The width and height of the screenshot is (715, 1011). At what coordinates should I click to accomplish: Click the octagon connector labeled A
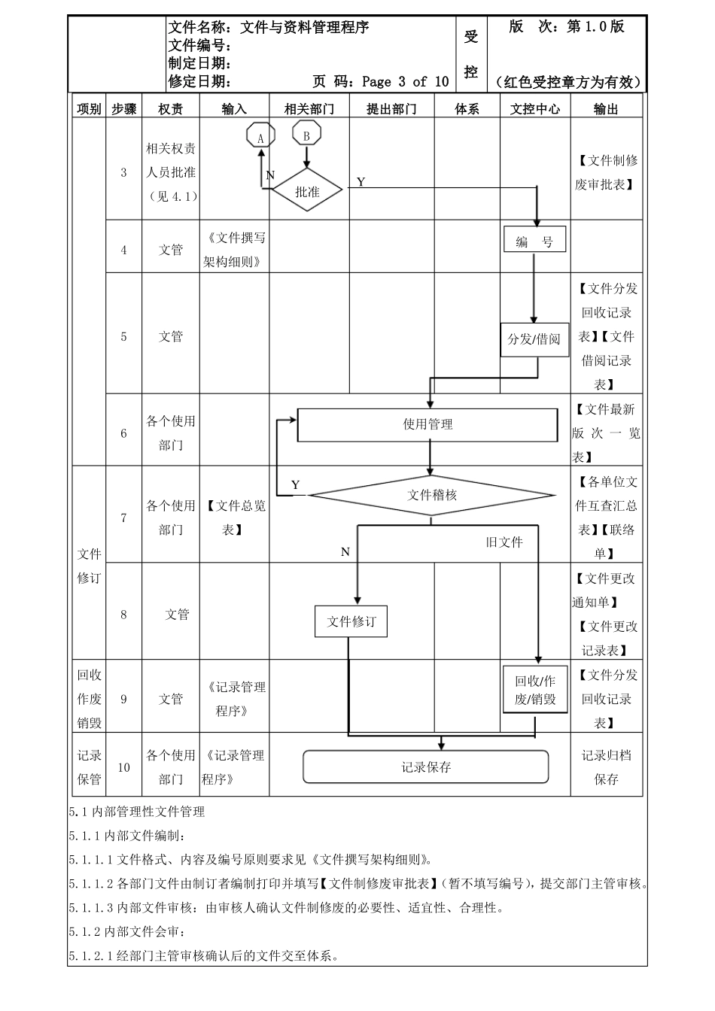(x=260, y=137)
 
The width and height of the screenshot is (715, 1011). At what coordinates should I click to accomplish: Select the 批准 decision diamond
(x=307, y=192)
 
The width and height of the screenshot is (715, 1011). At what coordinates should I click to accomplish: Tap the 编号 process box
(x=534, y=241)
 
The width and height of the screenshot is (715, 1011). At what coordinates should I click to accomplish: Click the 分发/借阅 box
(x=534, y=339)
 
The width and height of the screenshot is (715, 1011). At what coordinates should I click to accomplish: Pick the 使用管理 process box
(x=427, y=425)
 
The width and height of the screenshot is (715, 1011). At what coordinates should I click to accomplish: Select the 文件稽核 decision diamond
(x=432, y=495)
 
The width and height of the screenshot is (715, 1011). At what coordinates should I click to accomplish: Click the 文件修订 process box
(x=351, y=622)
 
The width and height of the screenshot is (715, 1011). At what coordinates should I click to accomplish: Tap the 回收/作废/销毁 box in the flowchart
(x=535, y=690)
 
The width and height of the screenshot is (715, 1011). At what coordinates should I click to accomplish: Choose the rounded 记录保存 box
(x=426, y=767)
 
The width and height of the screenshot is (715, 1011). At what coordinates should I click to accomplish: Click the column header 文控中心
(x=535, y=109)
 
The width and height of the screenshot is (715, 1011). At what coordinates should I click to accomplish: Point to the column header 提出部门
(x=391, y=109)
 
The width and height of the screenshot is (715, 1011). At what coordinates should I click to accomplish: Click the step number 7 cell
(x=124, y=518)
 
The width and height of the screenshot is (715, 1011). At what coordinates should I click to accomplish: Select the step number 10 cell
(x=124, y=767)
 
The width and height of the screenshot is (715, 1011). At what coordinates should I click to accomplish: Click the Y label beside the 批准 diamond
(x=361, y=182)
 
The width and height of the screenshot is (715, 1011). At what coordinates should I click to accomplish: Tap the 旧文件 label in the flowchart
(x=504, y=542)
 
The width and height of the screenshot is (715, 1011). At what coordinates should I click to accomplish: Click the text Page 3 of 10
(x=405, y=81)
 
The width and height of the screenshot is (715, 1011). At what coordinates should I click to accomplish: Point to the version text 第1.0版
(x=595, y=27)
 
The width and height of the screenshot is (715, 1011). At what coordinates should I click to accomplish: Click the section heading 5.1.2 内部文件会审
(x=126, y=932)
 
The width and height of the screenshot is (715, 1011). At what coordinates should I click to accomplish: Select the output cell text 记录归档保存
(x=606, y=767)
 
